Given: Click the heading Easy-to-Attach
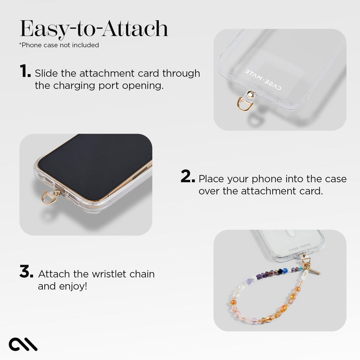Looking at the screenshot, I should [x=94, y=29].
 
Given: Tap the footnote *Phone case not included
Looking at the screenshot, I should [x=59, y=45].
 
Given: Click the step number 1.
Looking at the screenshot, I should [x=25, y=72].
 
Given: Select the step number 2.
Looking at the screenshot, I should [x=188, y=177].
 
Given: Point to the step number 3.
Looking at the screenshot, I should [x=26, y=272].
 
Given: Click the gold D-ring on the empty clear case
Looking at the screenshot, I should [x=246, y=104].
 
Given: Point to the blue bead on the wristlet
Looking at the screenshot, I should [x=285, y=270].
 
